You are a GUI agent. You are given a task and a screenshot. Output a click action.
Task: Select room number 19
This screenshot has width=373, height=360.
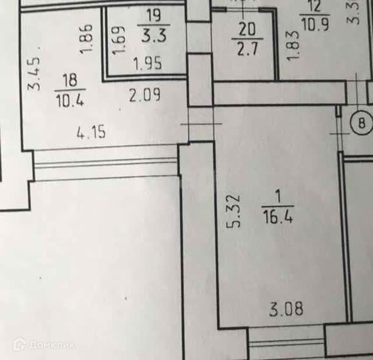154,12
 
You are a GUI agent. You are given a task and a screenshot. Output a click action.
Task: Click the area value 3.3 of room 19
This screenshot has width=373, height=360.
154,34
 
